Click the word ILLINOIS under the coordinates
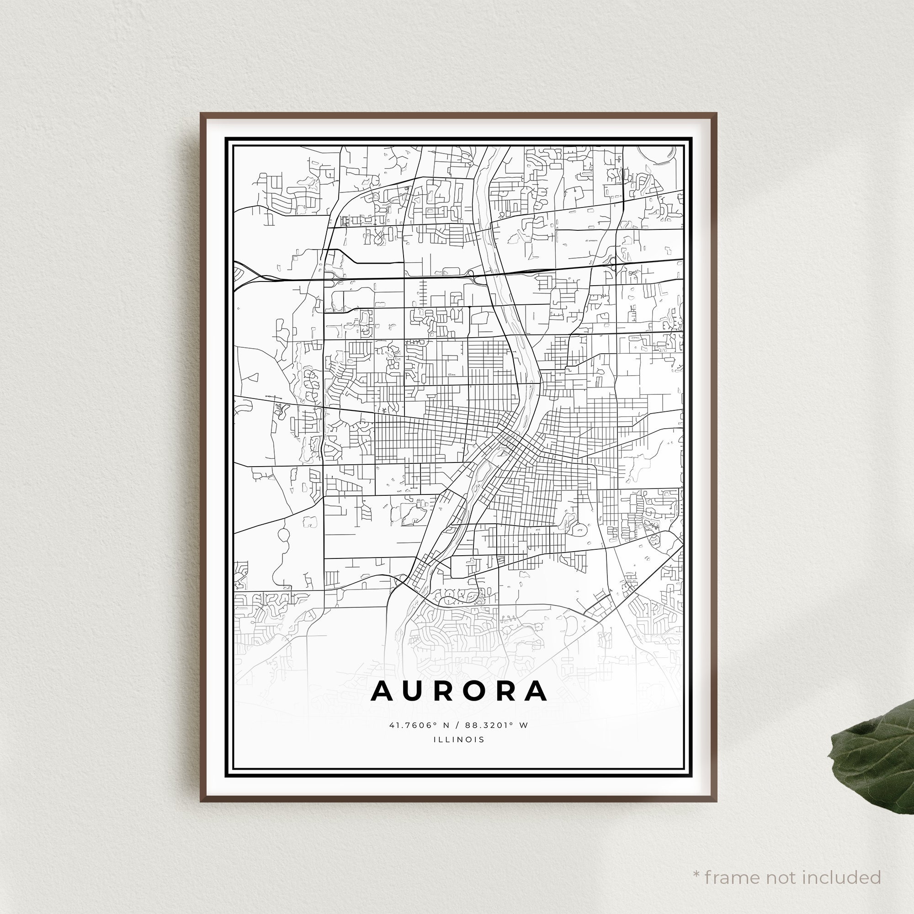coord(459,739)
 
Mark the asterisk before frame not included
coord(696,861)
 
